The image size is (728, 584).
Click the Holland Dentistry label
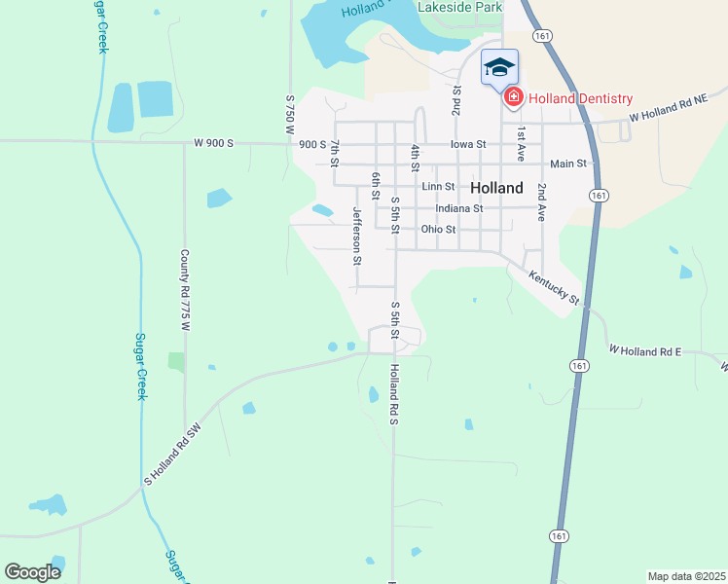[580, 99]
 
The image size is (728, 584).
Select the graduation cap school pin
[499, 67]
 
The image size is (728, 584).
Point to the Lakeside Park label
[459, 7]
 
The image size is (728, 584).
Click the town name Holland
[496, 187]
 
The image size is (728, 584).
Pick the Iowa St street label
[468, 144]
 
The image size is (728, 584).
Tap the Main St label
[568, 164]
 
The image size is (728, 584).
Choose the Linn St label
[438, 186]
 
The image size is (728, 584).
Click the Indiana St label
[459, 208]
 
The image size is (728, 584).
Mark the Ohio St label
[438, 230]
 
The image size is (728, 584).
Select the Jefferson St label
[357, 236]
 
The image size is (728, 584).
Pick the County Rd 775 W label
[183, 290]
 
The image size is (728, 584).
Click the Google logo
[32, 572]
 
